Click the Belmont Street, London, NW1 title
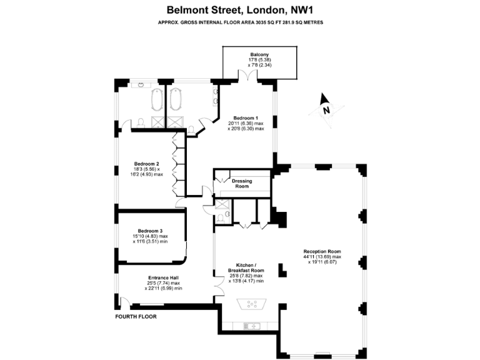(240, 10)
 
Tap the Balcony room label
(259, 54)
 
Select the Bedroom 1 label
(246, 118)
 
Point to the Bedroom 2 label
(146, 164)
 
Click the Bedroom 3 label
(150, 231)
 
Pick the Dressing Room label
(242, 183)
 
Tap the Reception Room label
(322, 251)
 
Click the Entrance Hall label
(164, 277)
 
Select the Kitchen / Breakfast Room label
(246, 267)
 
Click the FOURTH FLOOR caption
(136, 316)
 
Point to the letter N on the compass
(326, 110)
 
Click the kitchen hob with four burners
(252, 304)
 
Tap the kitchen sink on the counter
(252, 326)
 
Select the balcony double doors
(248, 75)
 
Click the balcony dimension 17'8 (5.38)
(259, 60)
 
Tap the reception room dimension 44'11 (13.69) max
(322, 256)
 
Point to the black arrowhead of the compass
(324, 99)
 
